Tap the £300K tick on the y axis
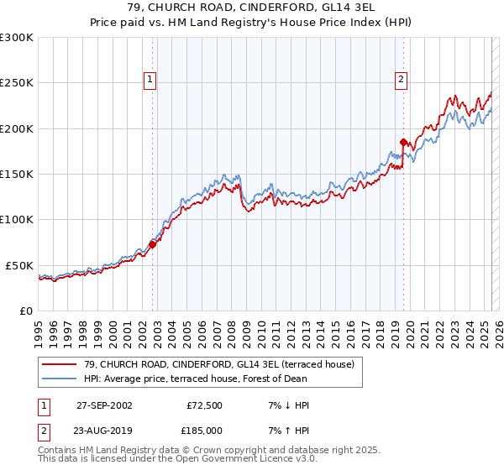(x=17, y=38)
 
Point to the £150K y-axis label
(x=17, y=175)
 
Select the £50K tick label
(x=20, y=265)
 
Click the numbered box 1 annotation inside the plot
(x=149, y=80)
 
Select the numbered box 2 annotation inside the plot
(x=401, y=80)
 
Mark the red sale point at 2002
(x=153, y=244)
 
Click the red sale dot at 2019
(x=404, y=142)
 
